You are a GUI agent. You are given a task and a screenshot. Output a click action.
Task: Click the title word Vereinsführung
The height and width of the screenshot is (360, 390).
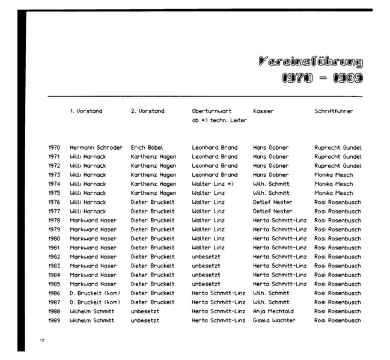point(310,61)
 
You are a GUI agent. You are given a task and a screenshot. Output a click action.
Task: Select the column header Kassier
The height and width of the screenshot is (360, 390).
point(263,111)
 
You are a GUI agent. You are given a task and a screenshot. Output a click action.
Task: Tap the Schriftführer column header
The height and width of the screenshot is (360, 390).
point(334,111)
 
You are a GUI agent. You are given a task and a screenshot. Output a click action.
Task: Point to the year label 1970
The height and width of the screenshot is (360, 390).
point(54,147)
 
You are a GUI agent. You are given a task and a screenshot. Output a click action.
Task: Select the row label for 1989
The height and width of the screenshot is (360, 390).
point(54,320)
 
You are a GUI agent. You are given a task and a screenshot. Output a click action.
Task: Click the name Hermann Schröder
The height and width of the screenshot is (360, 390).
point(96,147)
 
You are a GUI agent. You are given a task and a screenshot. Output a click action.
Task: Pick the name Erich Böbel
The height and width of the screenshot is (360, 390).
point(147,147)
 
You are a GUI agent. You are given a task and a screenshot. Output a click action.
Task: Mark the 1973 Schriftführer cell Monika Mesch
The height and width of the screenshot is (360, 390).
point(334,175)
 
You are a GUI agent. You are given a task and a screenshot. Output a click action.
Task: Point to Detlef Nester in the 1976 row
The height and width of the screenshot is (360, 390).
point(273,202)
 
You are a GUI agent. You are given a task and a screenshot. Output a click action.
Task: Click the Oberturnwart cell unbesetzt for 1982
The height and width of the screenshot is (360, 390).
point(206,257)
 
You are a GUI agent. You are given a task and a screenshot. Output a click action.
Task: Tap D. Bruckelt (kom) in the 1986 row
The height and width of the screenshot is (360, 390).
point(95,293)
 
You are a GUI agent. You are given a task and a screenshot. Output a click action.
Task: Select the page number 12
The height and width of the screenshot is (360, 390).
point(42,341)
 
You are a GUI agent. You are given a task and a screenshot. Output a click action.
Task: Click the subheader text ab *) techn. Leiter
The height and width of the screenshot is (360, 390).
point(219,121)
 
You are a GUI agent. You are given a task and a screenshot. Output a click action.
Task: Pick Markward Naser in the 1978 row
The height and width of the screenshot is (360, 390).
point(93,221)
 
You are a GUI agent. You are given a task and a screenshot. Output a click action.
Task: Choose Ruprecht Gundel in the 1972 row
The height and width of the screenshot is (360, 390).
point(338,166)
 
